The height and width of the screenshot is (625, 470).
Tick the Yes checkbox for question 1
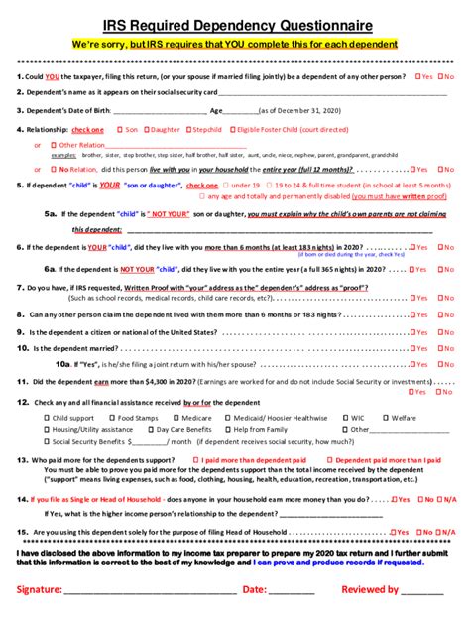click(416, 76)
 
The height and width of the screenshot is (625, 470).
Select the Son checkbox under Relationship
click(120, 129)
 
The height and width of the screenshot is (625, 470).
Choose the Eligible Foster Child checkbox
click(243, 129)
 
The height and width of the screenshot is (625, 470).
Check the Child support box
click(47, 418)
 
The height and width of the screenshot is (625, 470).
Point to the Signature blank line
click(149, 591)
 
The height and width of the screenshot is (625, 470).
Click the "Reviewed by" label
click(370, 589)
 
